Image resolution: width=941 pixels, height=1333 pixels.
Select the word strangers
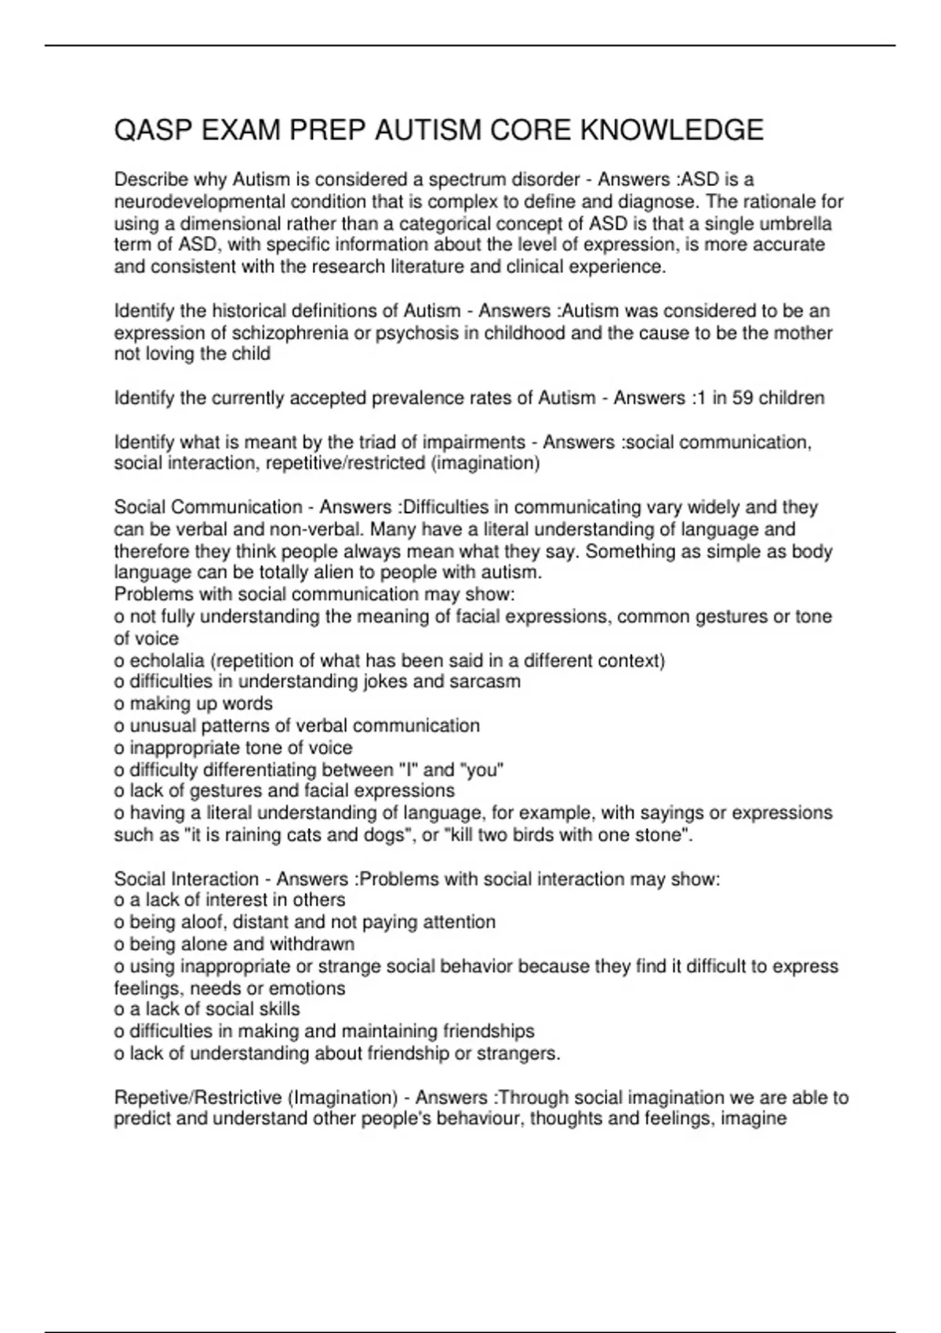click(x=518, y=1054)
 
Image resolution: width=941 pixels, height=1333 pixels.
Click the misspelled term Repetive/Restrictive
click(x=198, y=1098)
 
